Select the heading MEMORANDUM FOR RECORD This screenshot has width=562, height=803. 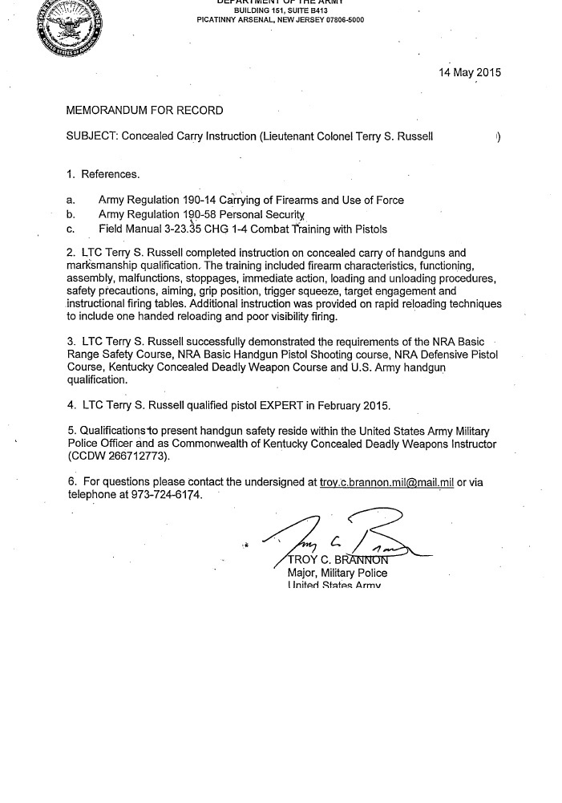(144, 110)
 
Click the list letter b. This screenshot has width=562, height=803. (71, 214)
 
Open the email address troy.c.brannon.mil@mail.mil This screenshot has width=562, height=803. (386, 481)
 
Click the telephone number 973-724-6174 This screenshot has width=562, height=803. (157, 495)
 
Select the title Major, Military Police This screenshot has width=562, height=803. (337, 573)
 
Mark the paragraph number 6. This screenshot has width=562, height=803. (71, 481)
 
